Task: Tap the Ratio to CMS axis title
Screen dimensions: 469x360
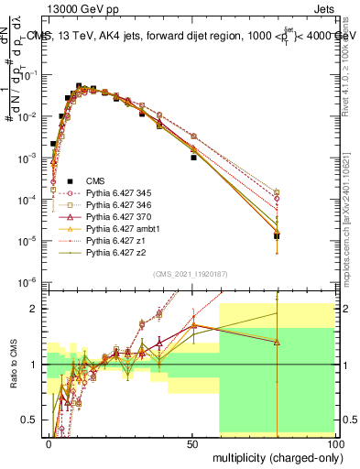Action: pos(12,367)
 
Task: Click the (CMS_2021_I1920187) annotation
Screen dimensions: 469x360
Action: pos(191,274)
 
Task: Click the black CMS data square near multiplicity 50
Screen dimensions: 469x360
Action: pos(192,158)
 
